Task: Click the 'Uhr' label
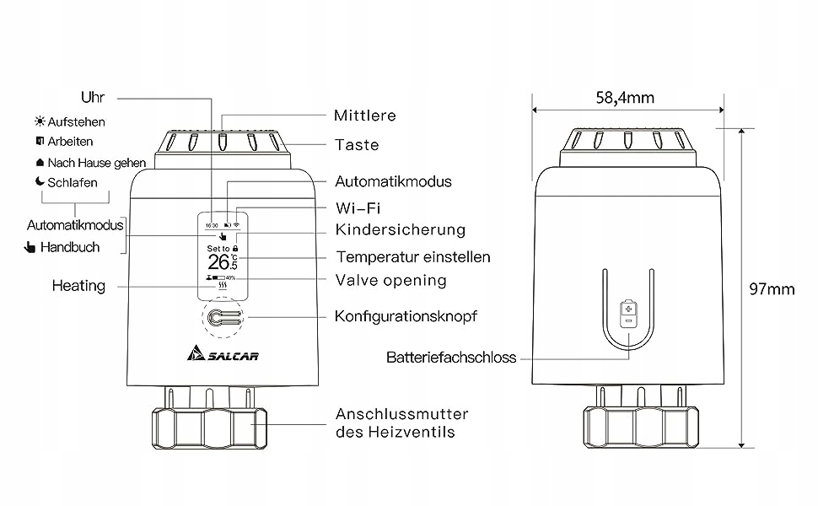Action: click(x=93, y=96)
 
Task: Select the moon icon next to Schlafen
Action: click(x=39, y=182)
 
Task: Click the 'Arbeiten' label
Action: click(x=70, y=142)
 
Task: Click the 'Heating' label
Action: click(x=78, y=286)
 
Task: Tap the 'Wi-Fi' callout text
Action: click(x=358, y=207)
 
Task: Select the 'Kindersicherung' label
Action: click(x=400, y=229)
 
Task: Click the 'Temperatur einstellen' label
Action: click(x=412, y=256)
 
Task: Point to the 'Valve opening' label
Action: click(x=390, y=280)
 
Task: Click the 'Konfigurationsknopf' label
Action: click(x=406, y=316)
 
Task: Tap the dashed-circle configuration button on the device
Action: click(x=222, y=319)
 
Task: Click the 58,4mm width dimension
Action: click(x=625, y=98)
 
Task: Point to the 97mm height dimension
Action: click(x=772, y=289)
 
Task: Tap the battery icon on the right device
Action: click(x=627, y=313)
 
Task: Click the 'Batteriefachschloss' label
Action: click(x=451, y=358)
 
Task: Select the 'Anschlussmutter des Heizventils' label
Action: click(x=401, y=423)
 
